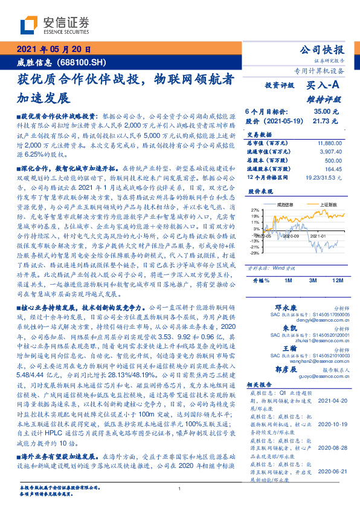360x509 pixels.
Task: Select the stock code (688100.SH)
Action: point(86,62)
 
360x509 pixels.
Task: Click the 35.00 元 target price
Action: point(326,112)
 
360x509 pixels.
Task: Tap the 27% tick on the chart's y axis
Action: point(256,209)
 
